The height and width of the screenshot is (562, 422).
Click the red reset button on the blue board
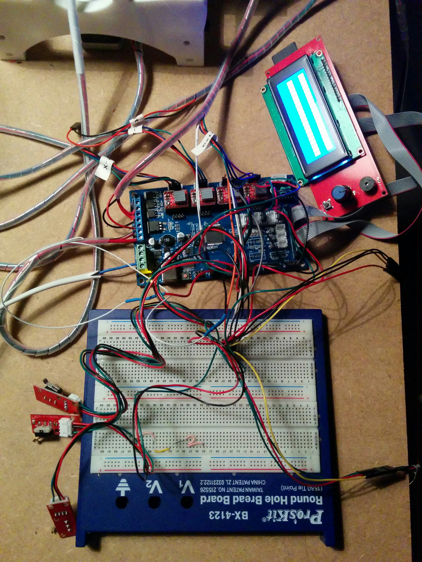(185, 276)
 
